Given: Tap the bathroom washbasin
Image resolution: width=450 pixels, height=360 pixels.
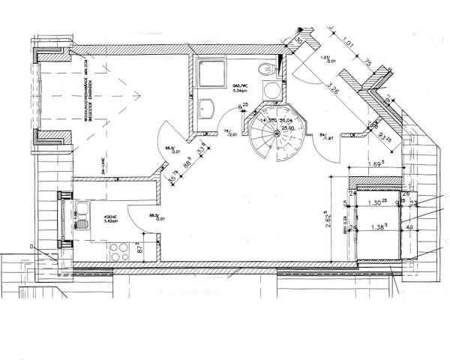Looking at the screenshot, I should click(206, 108).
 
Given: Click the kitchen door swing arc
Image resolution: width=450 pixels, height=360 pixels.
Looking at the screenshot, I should click(139, 217).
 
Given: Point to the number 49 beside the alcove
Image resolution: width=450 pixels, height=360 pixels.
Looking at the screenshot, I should click(410, 226).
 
